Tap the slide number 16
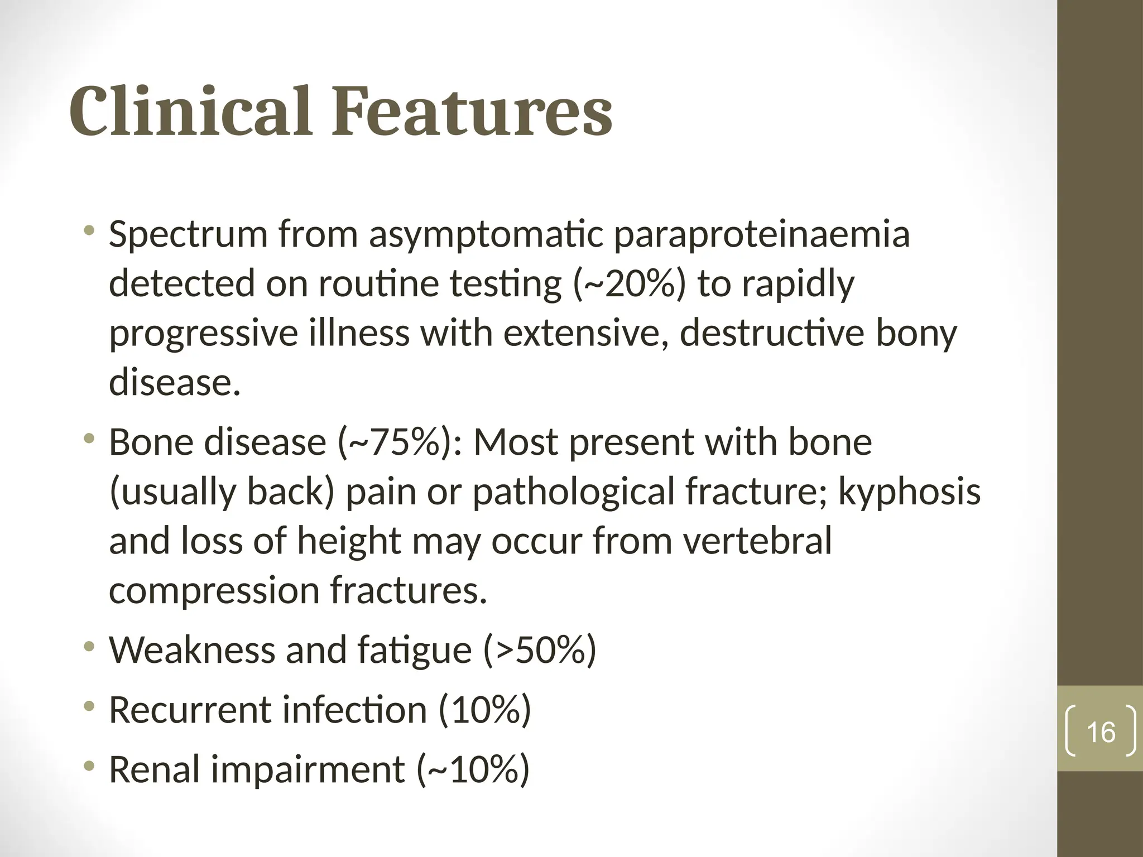coord(1101,732)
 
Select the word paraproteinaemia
coord(762,235)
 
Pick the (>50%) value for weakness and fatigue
coord(540,650)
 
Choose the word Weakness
coord(192,650)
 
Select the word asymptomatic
coord(486,235)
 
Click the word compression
coord(214,591)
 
